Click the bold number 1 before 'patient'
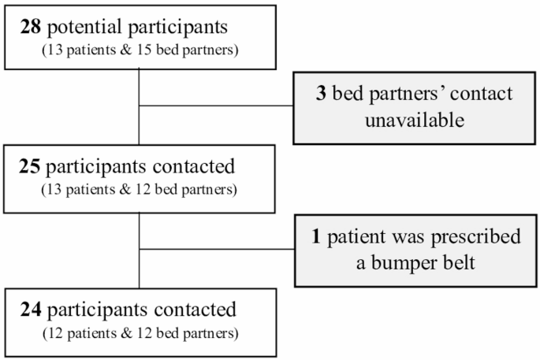[317, 236]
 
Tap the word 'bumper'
[396, 262]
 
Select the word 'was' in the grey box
[404, 236]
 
